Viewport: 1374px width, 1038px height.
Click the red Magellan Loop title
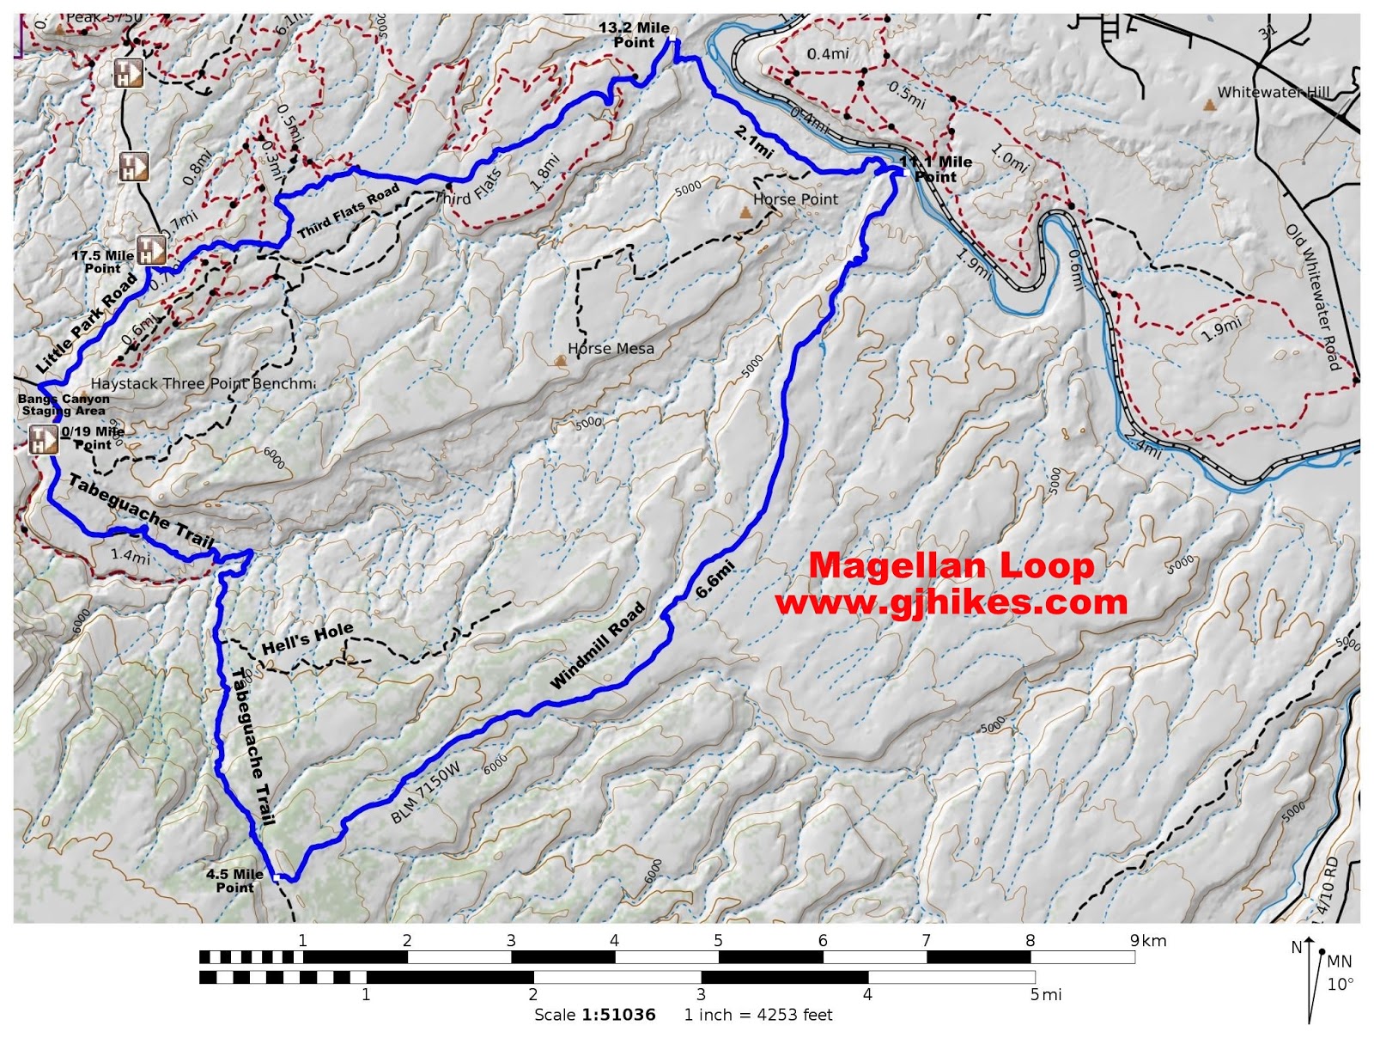tap(951, 565)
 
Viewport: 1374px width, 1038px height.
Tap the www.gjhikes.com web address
tap(951, 602)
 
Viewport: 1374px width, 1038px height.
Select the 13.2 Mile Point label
tap(634, 35)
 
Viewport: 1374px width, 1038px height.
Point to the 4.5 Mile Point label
tap(234, 881)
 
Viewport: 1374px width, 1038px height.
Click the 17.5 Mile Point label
tap(102, 262)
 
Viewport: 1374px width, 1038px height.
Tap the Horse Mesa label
tap(611, 349)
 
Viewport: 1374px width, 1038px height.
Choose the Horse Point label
tap(795, 199)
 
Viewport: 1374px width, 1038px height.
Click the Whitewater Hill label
tap(1273, 93)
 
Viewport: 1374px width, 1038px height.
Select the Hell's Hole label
tap(307, 638)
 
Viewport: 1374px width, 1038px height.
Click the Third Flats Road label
tap(349, 211)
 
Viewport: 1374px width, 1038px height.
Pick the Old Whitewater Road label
tap(1314, 296)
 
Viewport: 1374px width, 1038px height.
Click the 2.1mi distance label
tap(754, 142)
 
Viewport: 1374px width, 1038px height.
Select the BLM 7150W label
tap(426, 792)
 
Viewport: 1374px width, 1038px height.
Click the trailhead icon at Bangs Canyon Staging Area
tap(42, 440)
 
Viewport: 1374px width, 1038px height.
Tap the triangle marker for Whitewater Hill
tap(1209, 106)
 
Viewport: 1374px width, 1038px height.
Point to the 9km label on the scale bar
tap(1148, 940)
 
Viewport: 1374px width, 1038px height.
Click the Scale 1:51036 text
tap(594, 1015)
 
